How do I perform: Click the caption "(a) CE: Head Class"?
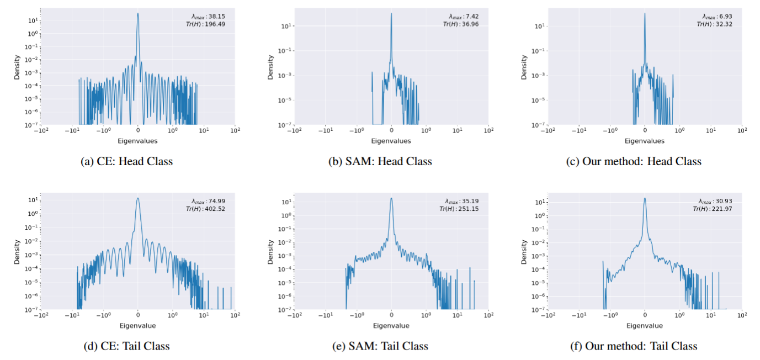tap(126, 162)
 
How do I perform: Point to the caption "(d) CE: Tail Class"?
tap(126, 346)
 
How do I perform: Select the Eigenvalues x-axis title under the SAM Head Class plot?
tap(391, 141)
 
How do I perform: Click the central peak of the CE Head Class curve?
tap(138, 14)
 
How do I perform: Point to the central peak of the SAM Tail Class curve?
tap(391, 199)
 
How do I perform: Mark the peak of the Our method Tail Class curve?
tap(645, 199)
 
